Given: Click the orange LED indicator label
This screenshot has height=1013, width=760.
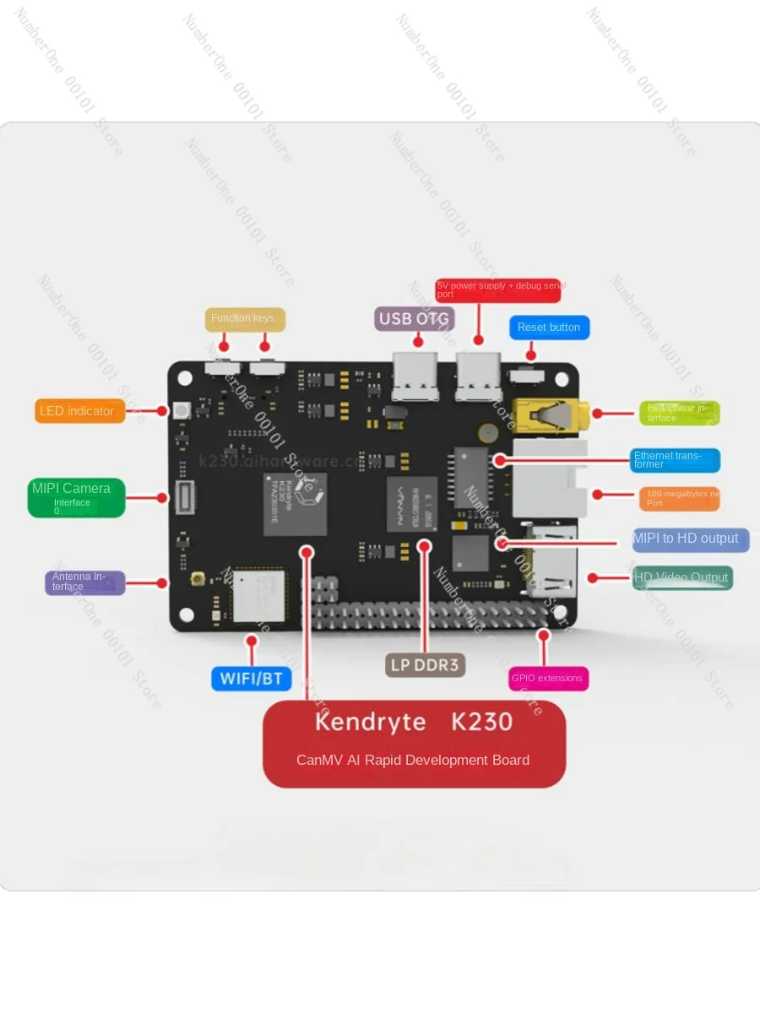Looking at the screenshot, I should (x=80, y=411).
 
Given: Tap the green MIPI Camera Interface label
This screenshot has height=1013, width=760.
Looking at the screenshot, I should (x=76, y=497).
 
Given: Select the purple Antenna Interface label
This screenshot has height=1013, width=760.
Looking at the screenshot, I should (x=84, y=582).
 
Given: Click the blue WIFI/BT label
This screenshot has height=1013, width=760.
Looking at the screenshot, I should (x=251, y=678).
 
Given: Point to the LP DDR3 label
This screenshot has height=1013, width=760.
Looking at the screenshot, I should (x=426, y=665).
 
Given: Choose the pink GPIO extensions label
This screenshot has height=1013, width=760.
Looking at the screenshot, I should (x=548, y=678).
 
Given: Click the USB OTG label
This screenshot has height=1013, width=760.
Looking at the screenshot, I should (x=415, y=318).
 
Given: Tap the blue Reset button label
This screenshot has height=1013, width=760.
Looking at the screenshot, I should (x=549, y=328).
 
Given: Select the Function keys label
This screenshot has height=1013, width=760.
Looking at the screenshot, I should (x=244, y=319).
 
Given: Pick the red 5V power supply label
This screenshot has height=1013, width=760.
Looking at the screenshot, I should (x=498, y=290).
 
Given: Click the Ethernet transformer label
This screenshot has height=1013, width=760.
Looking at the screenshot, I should (x=676, y=460).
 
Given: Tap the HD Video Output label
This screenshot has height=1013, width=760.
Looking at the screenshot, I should (x=682, y=578).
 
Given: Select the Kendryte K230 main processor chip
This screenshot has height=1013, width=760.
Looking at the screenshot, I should (x=295, y=504).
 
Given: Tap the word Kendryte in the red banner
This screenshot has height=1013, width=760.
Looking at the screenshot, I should (x=370, y=722).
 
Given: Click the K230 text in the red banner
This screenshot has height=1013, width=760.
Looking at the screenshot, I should (x=482, y=722).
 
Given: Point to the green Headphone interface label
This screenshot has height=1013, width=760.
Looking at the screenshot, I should (x=679, y=413).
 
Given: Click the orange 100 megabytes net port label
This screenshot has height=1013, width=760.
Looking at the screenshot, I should (x=679, y=498).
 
